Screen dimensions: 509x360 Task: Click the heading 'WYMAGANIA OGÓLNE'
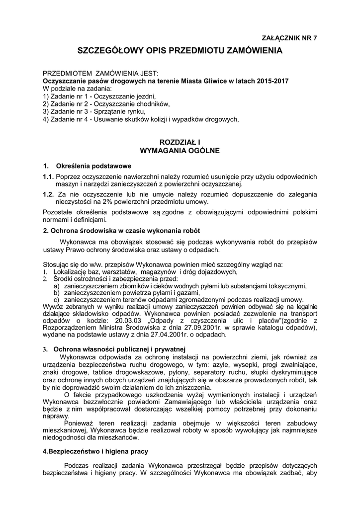click(180, 150)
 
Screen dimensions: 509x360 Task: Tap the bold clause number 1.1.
click(48, 177)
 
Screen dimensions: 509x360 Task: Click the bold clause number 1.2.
click(48, 194)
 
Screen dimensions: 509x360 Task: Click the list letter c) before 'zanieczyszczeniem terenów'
click(57, 300)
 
